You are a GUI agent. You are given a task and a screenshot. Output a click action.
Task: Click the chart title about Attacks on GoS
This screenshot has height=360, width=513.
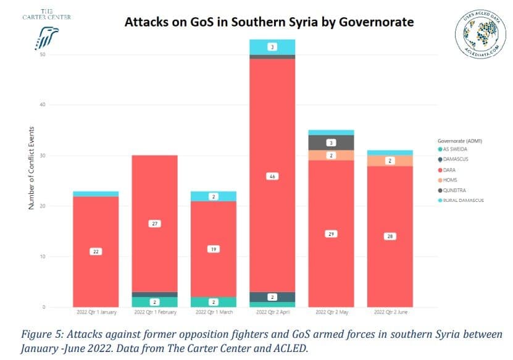[x=269, y=22]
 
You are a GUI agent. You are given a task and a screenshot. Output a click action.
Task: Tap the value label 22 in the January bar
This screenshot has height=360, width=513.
[x=96, y=252]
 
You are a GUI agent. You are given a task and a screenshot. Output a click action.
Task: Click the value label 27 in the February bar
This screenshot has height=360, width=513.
[x=154, y=224]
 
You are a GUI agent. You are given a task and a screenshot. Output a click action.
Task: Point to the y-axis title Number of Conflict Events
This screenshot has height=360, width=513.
[x=31, y=167]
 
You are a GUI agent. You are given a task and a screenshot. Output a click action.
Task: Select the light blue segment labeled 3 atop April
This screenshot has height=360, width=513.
[x=272, y=47]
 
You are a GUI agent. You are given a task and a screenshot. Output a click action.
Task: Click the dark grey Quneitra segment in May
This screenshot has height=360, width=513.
[x=331, y=143]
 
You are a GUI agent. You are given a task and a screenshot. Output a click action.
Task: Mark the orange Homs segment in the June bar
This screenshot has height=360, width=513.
[x=390, y=161]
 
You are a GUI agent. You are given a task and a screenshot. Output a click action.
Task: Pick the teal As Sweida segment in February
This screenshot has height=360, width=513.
[x=154, y=302]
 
